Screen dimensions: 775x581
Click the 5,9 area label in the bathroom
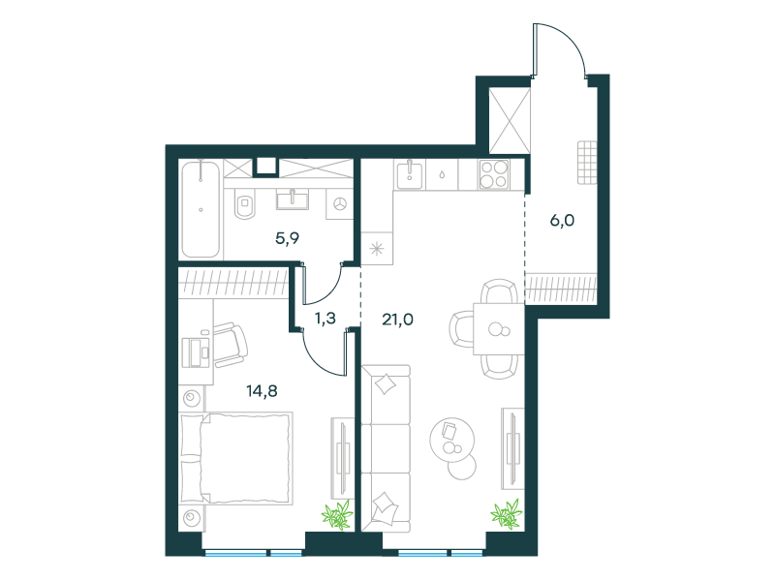(x=287, y=239)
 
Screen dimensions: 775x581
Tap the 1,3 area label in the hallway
(x=325, y=319)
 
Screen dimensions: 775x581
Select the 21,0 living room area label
(x=397, y=320)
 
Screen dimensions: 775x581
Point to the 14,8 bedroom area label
(x=262, y=391)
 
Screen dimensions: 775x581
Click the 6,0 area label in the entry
(x=562, y=221)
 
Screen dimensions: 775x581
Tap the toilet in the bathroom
(x=245, y=204)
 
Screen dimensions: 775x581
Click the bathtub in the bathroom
(x=201, y=209)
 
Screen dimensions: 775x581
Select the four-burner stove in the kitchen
(x=494, y=174)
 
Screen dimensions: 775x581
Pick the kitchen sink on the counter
(x=410, y=174)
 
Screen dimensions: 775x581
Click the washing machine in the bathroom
(x=340, y=203)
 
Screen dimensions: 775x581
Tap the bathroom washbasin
(x=293, y=199)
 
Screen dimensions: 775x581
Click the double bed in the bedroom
(x=235, y=458)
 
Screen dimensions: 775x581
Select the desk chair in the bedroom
(x=230, y=345)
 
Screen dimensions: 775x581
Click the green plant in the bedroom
(x=337, y=514)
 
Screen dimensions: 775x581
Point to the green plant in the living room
(x=507, y=513)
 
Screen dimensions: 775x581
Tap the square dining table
(x=499, y=328)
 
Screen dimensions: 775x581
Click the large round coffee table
(x=451, y=440)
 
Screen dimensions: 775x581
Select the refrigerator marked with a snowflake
(x=377, y=249)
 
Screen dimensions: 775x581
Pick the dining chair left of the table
(x=461, y=328)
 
